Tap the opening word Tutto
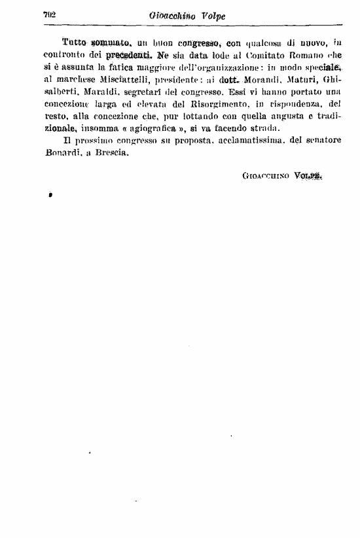73,42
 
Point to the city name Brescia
111,153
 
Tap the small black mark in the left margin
50,195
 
